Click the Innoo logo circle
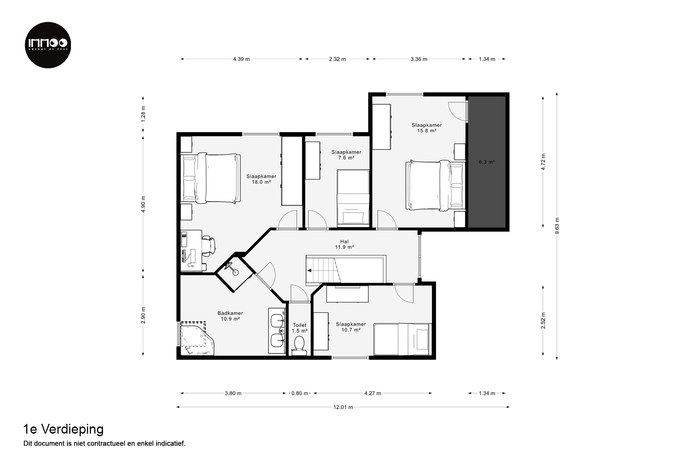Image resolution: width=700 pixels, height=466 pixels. (x=48, y=45)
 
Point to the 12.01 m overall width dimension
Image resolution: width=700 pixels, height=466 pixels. (x=343, y=407)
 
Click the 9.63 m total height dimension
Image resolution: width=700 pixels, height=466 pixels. (x=557, y=226)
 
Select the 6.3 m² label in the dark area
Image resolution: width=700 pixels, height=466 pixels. (x=487, y=162)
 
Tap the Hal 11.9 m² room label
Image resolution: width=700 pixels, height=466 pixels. (x=344, y=244)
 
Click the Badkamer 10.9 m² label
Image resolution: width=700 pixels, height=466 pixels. (x=230, y=316)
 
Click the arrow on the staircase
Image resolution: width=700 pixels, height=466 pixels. (x=309, y=271)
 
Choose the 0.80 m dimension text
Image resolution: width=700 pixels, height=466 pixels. (x=300, y=394)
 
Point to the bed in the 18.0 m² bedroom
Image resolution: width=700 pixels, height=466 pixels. (x=211, y=178)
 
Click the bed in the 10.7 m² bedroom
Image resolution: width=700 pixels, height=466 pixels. (x=403, y=340)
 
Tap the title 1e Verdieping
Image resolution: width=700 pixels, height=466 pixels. (x=63, y=430)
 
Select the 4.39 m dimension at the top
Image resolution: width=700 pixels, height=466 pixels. (x=241, y=59)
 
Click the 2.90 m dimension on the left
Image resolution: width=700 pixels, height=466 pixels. (x=143, y=315)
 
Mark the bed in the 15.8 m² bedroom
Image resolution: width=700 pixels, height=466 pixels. (x=435, y=185)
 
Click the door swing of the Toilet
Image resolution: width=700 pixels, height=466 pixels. (x=299, y=293)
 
